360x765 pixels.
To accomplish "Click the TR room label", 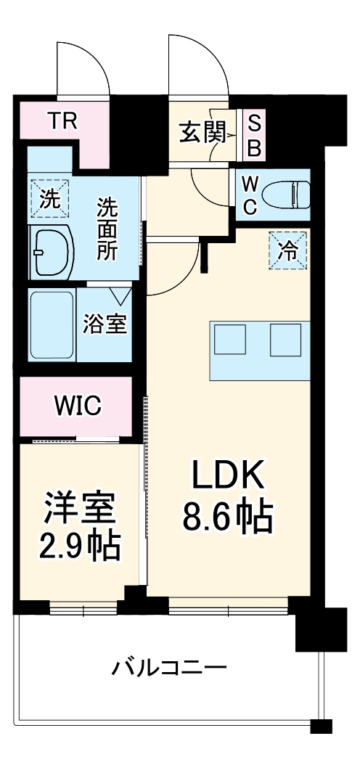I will coord(62,119).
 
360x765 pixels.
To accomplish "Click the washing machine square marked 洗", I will coord(50,198).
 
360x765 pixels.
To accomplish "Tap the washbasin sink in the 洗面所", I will coord(51,251).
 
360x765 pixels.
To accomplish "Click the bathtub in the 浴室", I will coord(52,323).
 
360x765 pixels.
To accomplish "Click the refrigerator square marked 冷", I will coord(288,250).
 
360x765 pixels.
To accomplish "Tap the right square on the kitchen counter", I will coord(285,338).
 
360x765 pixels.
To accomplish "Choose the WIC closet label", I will coord(76,406).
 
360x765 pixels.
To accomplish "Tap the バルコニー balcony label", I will coord(169,666).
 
